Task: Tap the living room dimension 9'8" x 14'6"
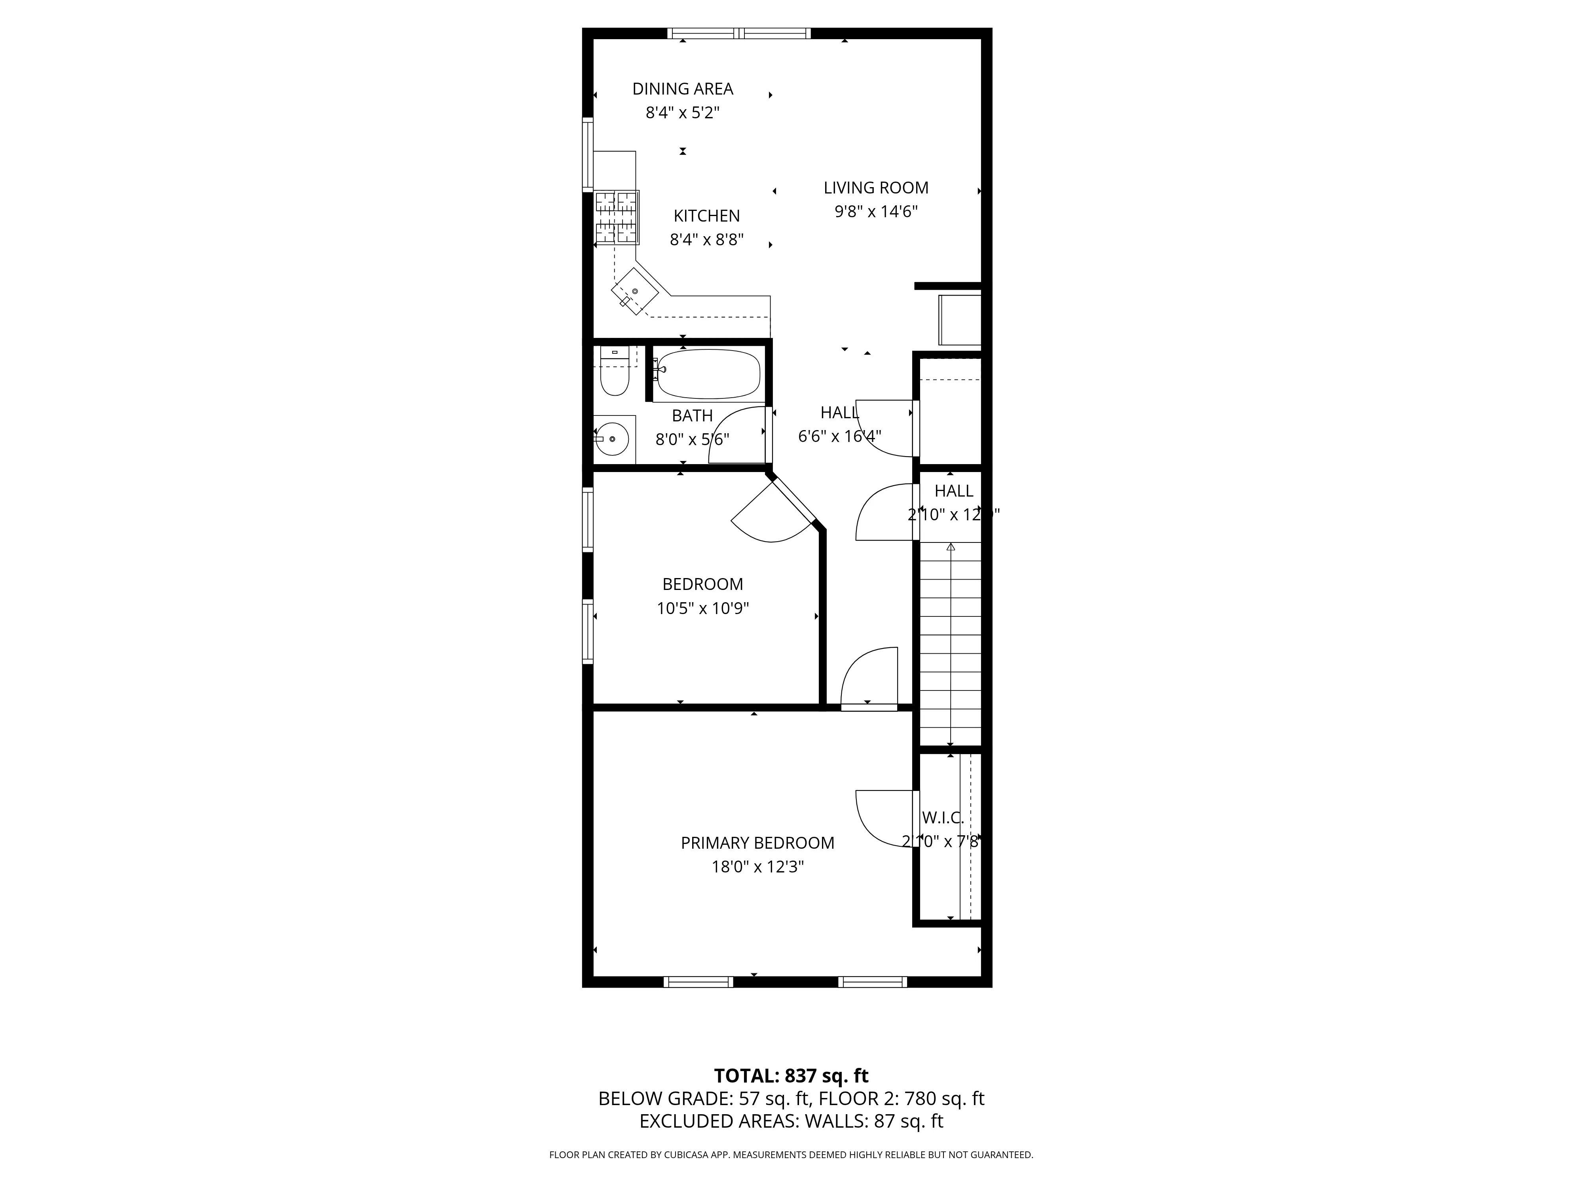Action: click(875, 212)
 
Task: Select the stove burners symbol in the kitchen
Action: click(616, 218)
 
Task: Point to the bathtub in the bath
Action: click(708, 374)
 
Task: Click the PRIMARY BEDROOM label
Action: click(757, 843)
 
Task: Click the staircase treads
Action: click(950, 644)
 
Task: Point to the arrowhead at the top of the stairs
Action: click(950, 547)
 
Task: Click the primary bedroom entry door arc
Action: click(867, 676)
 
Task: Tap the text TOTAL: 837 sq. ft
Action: click(791, 1096)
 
